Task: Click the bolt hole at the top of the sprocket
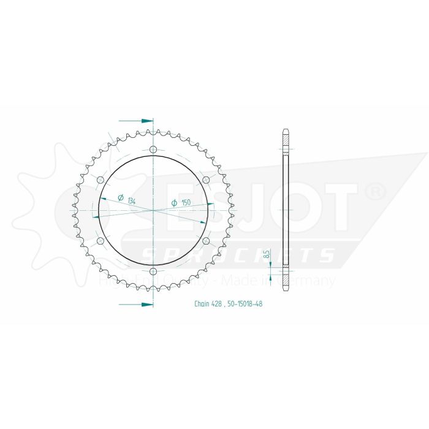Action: click(x=153, y=149)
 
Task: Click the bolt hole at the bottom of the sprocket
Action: click(x=153, y=271)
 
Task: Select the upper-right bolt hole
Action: click(x=206, y=180)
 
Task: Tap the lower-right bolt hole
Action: click(x=206, y=241)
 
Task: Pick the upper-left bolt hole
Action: click(x=100, y=180)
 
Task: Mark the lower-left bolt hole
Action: click(x=100, y=241)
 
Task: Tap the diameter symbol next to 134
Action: click(x=121, y=197)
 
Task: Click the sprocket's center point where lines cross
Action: click(x=153, y=210)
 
